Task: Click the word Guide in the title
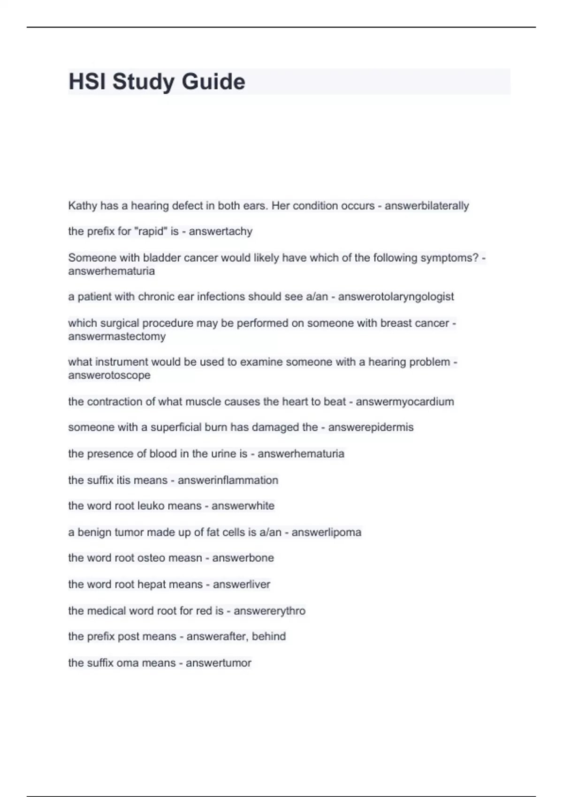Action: click(213, 82)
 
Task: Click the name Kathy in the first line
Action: click(83, 206)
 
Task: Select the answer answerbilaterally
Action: click(426, 206)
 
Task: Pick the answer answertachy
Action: click(221, 231)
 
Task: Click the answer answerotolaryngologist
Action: click(396, 297)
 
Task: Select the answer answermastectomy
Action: click(117, 336)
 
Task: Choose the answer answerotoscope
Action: click(109, 375)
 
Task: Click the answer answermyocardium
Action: click(405, 402)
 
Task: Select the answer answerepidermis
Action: click(371, 427)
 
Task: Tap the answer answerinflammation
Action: click(228, 480)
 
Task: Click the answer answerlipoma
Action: click(326, 533)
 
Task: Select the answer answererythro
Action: click(269, 611)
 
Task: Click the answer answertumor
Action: click(218, 663)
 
